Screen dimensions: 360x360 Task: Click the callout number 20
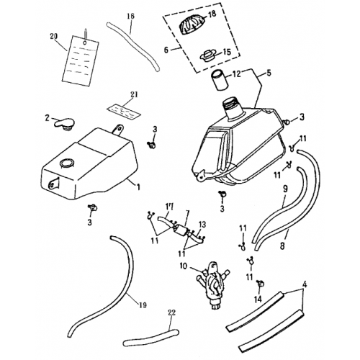53,36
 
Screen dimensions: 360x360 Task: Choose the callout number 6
166,50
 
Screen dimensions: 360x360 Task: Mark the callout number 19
143,305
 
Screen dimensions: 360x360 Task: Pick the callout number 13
202,225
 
